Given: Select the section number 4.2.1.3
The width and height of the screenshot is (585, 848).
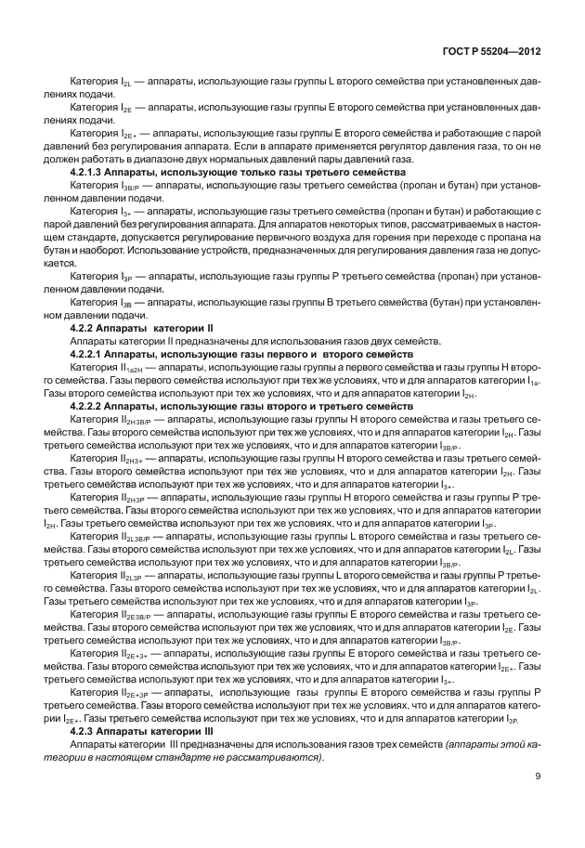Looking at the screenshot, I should pyautogui.click(x=90, y=173).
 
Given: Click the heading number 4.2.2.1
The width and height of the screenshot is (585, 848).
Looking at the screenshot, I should pyautogui.click(x=90, y=355).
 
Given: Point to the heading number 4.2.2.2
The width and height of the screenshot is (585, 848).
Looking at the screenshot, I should pyautogui.click(x=90, y=407).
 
